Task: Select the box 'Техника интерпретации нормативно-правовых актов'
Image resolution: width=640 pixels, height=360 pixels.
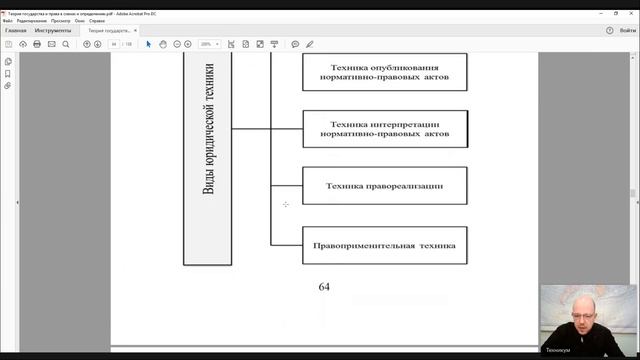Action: (x=385, y=128)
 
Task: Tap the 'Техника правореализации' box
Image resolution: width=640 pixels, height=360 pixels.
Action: (x=385, y=185)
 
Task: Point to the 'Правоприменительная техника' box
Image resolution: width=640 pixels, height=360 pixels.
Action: (x=385, y=245)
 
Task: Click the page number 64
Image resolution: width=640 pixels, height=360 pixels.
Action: (x=324, y=287)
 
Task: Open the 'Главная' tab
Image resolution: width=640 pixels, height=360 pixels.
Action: (x=16, y=31)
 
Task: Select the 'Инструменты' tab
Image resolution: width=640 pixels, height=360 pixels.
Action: (x=52, y=31)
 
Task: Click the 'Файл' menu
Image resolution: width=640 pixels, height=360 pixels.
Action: (x=8, y=20)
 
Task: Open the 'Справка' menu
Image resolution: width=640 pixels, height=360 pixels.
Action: (x=96, y=20)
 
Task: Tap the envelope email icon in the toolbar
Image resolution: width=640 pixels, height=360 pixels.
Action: (x=51, y=44)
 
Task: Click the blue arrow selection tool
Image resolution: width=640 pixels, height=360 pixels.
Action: (x=148, y=44)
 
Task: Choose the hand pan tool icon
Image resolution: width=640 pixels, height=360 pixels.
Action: (x=162, y=44)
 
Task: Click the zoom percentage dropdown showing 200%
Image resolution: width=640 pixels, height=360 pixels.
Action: (x=210, y=44)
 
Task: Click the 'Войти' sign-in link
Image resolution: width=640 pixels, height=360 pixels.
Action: (x=626, y=31)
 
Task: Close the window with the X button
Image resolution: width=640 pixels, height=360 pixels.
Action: (x=631, y=5)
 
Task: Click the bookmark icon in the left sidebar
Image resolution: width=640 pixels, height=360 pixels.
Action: (x=8, y=74)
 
